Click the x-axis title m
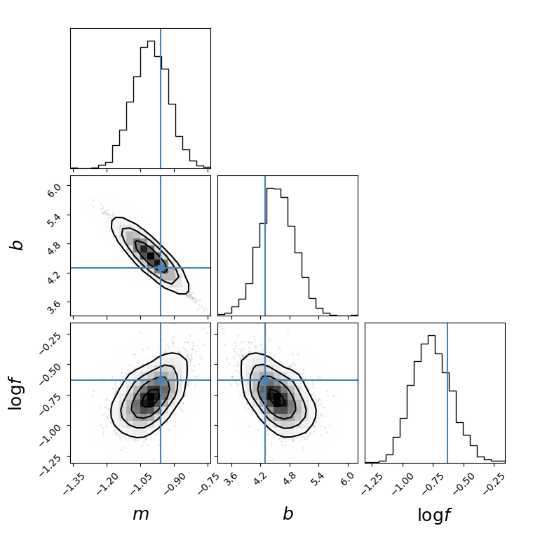coord(141,514)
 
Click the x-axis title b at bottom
coord(288,514)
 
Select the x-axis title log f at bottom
coord(434,515)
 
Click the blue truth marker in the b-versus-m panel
coord(161,268)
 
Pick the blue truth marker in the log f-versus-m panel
coord(161,380)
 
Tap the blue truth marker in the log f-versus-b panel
coord(265,380)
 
